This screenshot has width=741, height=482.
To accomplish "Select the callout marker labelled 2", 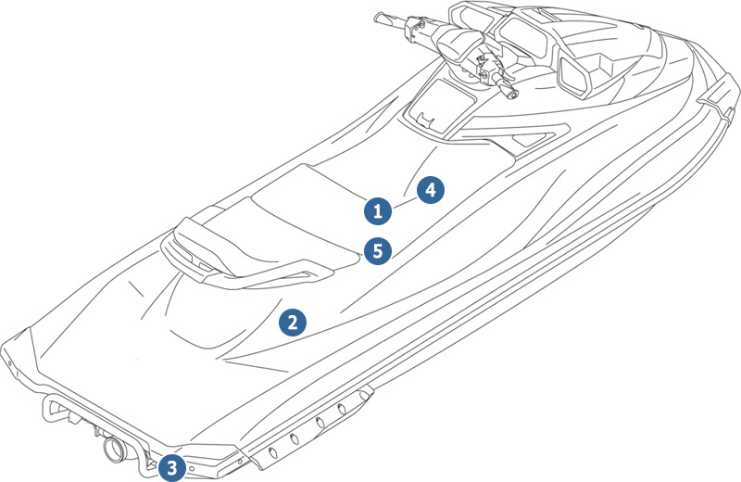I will pos(293,323).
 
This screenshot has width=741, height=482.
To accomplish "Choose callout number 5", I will pos(376,249).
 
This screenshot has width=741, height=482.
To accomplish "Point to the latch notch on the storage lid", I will pos(424,120).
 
